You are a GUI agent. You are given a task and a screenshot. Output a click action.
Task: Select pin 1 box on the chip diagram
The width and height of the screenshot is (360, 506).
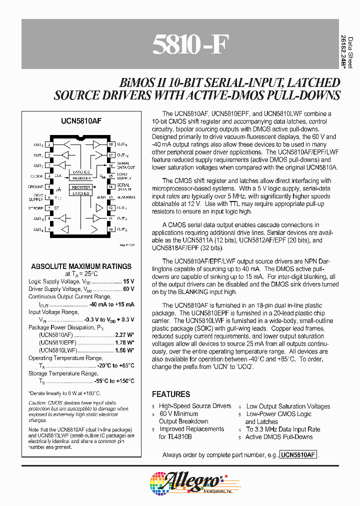click(49, 144)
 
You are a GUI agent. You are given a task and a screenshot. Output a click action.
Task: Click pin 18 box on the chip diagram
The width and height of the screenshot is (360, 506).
click(110, 144)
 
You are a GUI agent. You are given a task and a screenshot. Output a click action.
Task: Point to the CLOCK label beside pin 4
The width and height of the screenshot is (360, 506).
click(36, 176)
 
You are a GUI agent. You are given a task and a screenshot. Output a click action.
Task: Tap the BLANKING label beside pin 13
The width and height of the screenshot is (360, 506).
click(126, 197)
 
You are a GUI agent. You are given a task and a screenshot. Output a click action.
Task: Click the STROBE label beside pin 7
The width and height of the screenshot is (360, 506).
click(36, 208)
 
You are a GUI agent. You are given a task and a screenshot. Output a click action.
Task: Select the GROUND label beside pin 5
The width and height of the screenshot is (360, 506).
click(35, 187)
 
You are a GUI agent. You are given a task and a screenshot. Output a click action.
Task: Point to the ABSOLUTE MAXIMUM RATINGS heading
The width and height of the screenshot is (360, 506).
click(81, 266)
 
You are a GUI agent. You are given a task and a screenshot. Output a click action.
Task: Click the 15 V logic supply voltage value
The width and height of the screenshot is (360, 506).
click(128, 281)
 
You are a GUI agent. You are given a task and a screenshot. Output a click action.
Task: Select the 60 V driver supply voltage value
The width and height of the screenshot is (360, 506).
click(128, 289)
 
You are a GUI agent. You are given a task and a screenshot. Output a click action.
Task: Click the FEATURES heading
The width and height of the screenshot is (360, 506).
click(171, 394)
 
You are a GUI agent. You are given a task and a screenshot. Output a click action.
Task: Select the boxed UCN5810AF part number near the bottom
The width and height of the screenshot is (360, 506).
click(298, 455)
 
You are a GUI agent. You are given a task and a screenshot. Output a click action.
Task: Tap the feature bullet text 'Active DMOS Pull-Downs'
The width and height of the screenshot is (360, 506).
click(279, 437)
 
